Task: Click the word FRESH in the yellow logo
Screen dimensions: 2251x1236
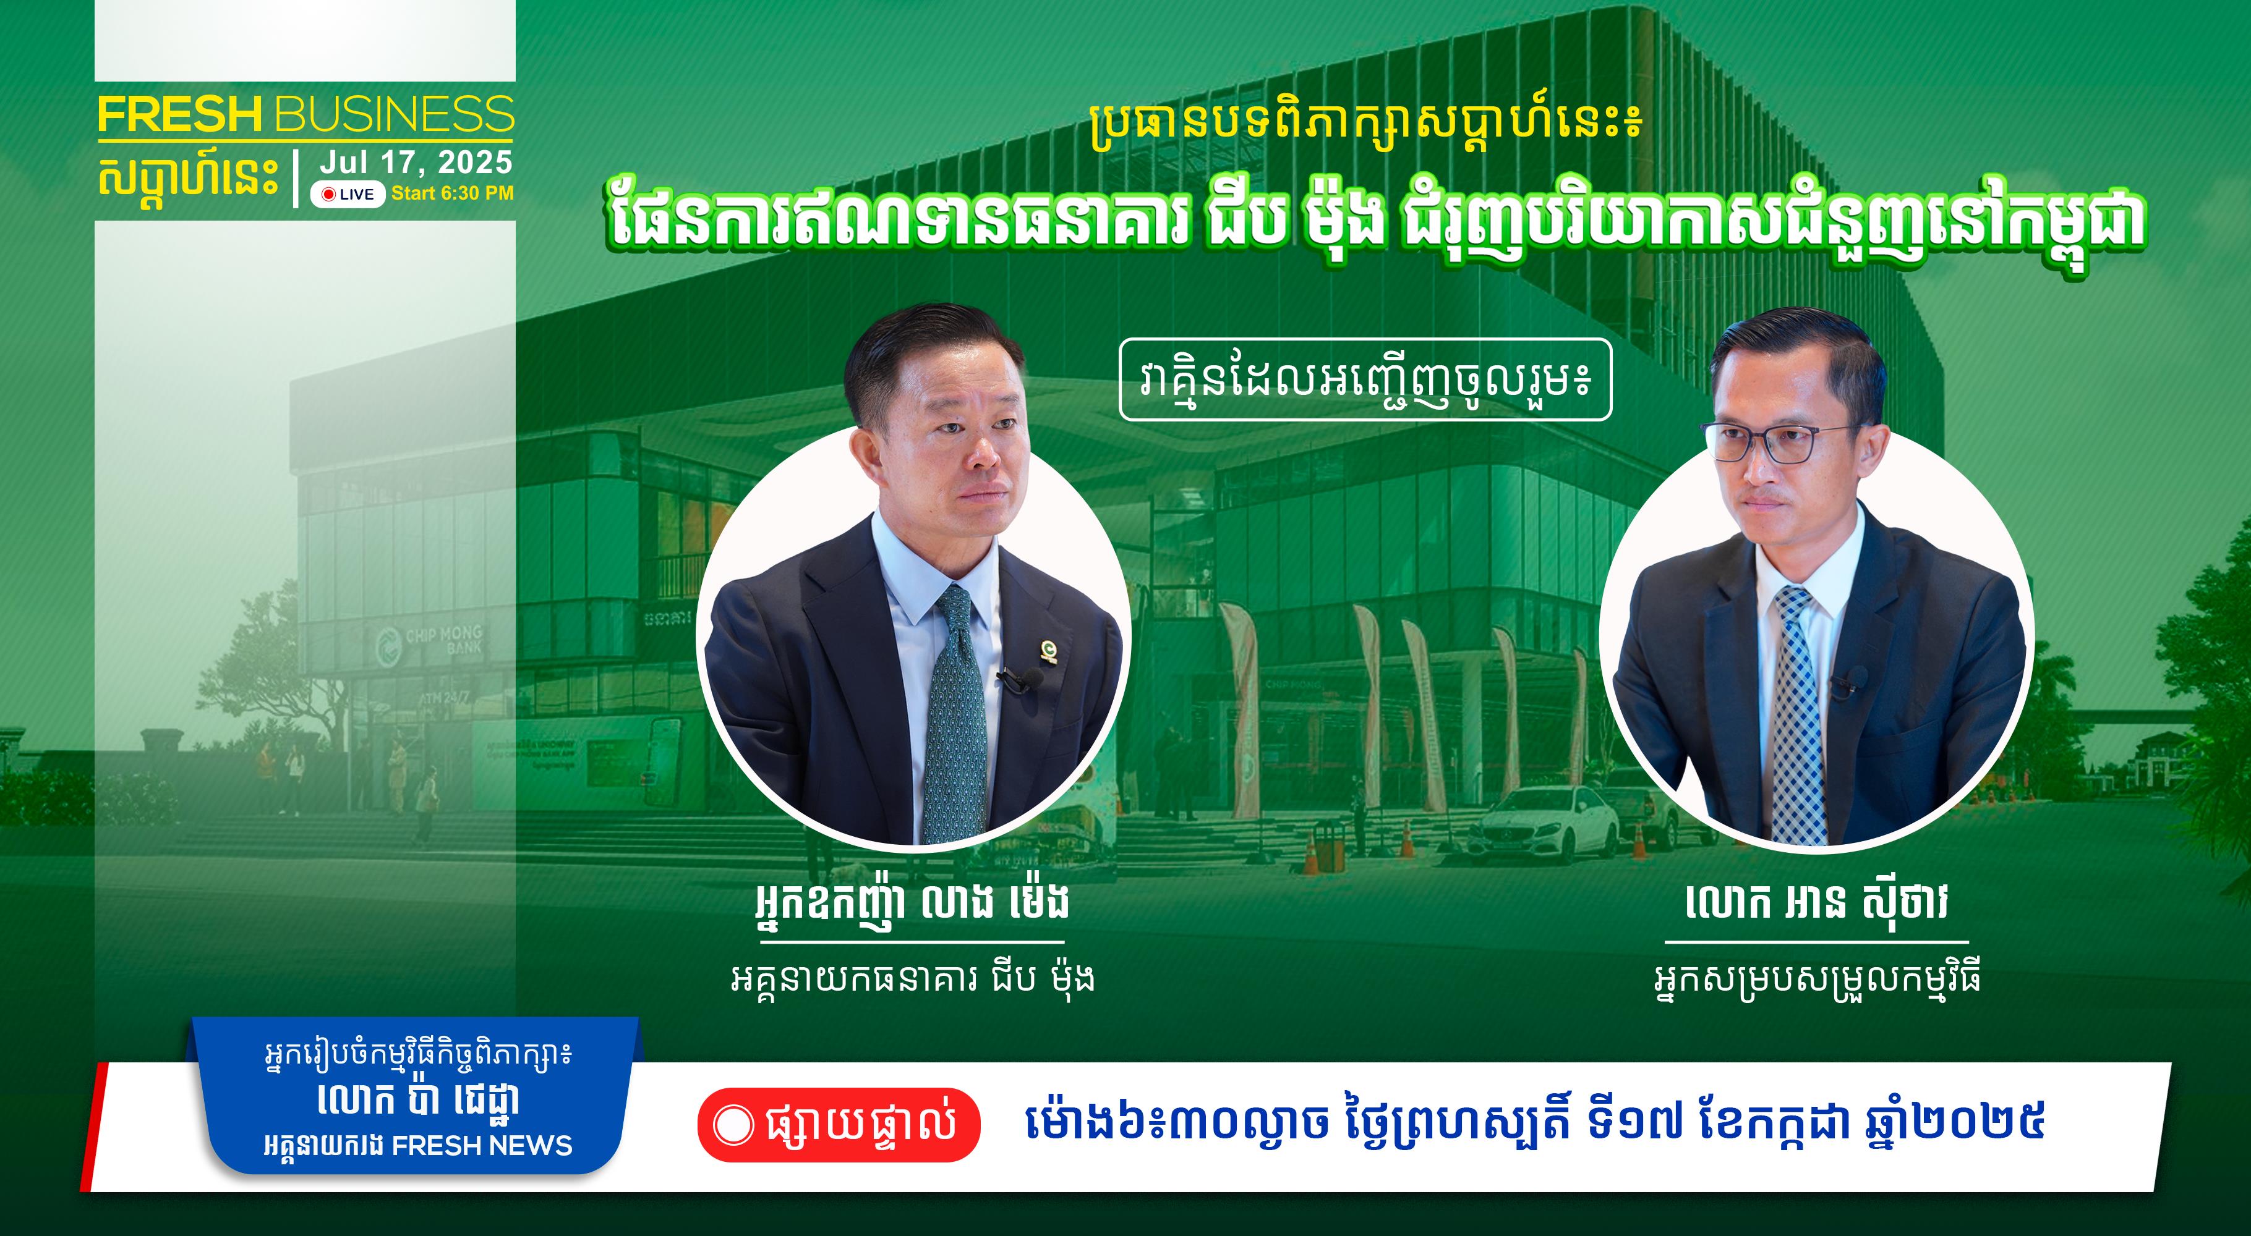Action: [x=180, y=116]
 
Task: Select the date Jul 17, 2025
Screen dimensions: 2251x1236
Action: [x=416, y=163]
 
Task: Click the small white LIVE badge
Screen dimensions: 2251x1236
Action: [x=348, y=194]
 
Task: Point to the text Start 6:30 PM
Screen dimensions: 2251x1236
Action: [x=453, y=193]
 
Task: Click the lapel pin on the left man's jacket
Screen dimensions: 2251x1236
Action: [x=1047, y=650]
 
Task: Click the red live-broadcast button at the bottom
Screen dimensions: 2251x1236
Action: [x=838, y=1124]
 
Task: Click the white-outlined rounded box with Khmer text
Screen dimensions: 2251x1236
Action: [x=1365, y=379]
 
